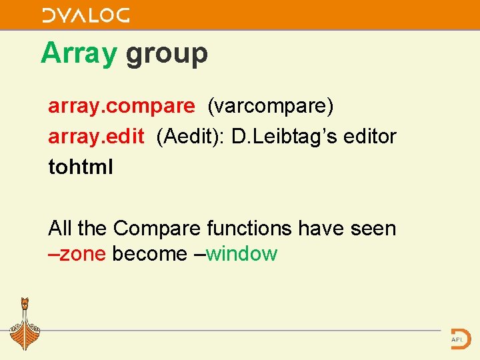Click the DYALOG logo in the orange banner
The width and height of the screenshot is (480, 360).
(x=85, y=15)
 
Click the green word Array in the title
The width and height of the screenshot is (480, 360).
(x=79, y=53)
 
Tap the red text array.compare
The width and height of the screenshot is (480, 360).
(x=121, y=106)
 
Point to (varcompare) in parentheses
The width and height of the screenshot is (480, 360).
(x=271, y=106)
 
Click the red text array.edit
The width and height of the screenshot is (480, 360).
(x=96, y=137)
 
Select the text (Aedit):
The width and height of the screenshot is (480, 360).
(x=191, y=137)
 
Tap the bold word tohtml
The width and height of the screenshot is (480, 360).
(x=81, y=167)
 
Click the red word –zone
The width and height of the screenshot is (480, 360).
(x=77, y=254)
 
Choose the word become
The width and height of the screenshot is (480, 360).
(x=150, y=254)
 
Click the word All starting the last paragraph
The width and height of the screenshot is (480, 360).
(x=60, y=229)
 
